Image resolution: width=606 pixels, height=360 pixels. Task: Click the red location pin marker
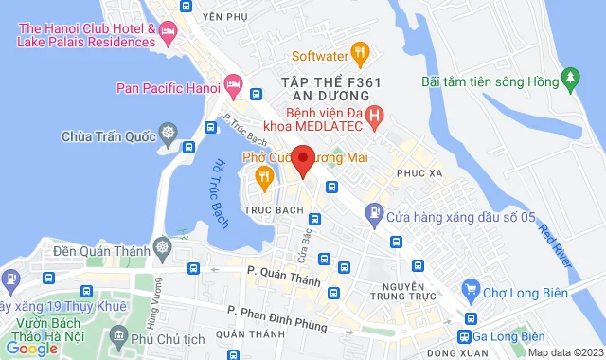303,159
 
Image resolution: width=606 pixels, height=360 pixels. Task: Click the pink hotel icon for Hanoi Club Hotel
169,35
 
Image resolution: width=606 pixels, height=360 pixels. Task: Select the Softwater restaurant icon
359,50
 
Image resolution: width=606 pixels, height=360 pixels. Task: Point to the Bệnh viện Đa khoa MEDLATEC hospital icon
375,117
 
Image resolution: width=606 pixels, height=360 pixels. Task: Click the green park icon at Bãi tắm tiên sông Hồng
570,76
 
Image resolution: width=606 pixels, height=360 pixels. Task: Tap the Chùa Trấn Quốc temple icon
169,132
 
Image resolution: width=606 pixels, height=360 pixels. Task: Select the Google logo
31,348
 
